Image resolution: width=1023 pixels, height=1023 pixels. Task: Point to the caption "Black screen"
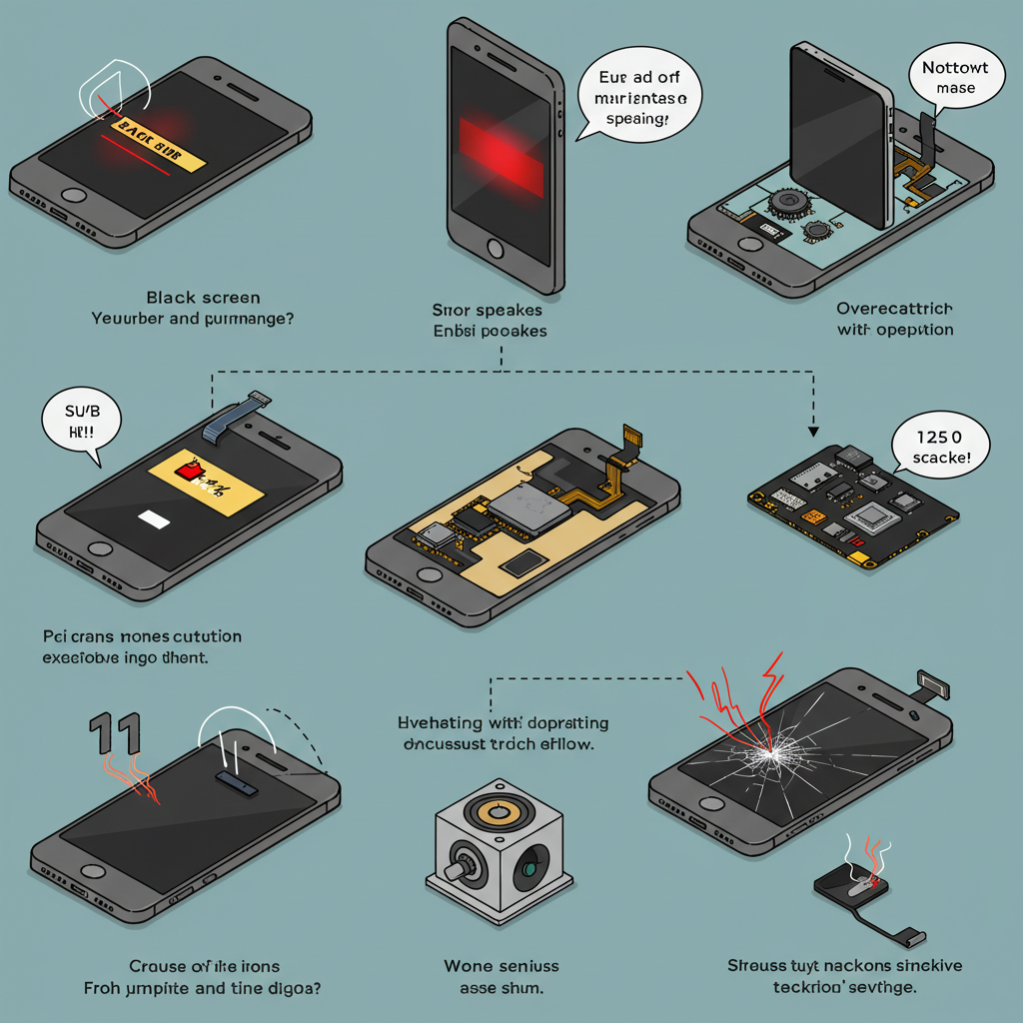click(203, 298)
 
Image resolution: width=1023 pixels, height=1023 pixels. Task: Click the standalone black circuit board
click(855, 500)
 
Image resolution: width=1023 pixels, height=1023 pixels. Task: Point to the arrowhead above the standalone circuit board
click(812, 432)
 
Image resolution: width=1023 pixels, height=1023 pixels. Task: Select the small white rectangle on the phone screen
click(155, 518)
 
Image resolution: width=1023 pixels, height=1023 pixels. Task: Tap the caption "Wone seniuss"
click(501, 966)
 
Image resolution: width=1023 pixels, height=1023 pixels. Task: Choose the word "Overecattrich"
click(894, 309)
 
